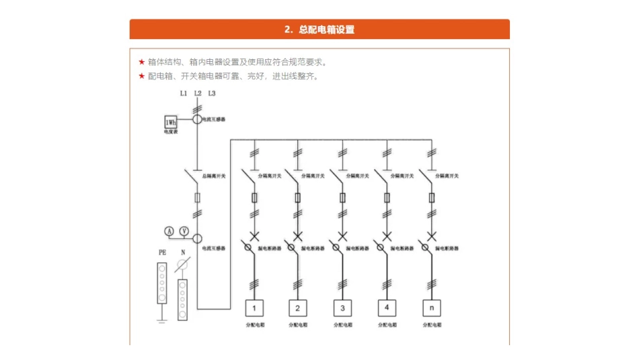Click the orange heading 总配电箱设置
click(x=319, y=30)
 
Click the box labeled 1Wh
click(x=172, y=122)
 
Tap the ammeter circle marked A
click(x=170, y=231)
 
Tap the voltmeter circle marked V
click(x=184, y=231)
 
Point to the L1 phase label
click(x=184, y=94)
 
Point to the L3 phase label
click(x=212, y=94)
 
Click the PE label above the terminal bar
click(x=162, y=252)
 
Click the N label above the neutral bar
click(x=182, y=252)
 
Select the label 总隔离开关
click(x=214, y=176)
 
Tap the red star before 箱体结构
click(x=141, y=62)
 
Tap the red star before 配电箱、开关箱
click(x=141, y=76)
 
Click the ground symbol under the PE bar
click(x=161, y=321)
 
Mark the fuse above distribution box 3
click(x=342, y=198)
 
